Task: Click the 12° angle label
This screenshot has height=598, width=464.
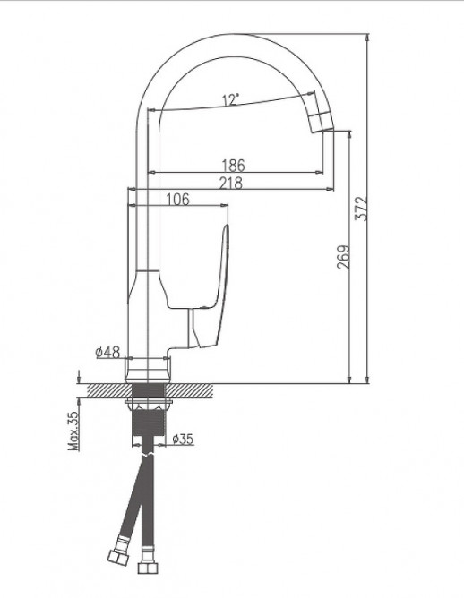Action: (231, 100)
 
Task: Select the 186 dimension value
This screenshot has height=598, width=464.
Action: (233, 165)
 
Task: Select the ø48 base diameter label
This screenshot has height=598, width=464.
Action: (108, 353)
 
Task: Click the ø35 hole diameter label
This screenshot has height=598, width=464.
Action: (183, 439)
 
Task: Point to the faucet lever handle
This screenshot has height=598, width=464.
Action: (219, 269)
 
